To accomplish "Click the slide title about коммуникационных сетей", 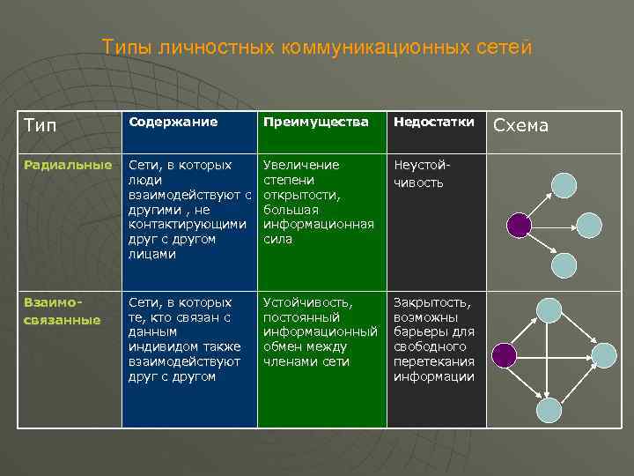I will click(x=317, y=47).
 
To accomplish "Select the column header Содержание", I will click(x=173, y=122).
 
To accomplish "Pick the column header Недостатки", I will click(x=434, y=122).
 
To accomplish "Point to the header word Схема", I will click(x=520, y=125).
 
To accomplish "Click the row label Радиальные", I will click(x=68, y=165).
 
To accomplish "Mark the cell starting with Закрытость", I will click(x=435, y=339).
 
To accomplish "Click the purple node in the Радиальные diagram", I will click(x=520, y=226).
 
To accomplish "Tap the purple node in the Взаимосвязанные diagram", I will click(x=503, y=355).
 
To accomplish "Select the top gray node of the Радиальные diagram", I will click(x=564, y=184).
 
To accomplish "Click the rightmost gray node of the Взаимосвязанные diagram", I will click(x=604, y=355).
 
